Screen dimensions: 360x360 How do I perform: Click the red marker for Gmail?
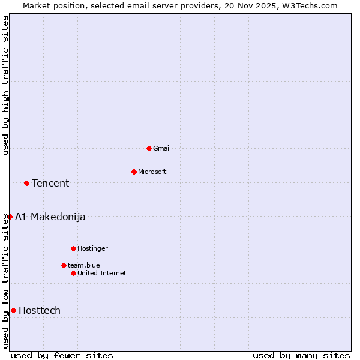point(149,148)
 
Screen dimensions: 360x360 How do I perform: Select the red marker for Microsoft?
point(134,172)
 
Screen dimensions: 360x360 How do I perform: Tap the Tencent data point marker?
point(26,183)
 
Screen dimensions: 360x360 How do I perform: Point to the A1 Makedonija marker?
point(10,217)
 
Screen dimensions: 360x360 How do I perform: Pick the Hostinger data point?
point(73,248)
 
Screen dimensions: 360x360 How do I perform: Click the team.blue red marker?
point(64,265)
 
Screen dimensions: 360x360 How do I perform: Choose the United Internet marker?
point(73,273)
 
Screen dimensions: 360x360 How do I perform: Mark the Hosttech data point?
point(13,310)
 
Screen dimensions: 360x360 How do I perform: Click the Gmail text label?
point(162,148)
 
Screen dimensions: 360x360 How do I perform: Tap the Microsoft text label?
point(152,172)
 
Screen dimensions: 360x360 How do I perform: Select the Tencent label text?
point(50,183)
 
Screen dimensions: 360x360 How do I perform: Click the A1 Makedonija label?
point(50,217)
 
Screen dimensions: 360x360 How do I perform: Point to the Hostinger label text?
point(92,248)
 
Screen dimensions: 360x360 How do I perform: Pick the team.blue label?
point(84,265)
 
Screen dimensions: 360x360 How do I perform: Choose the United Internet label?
point(102,273)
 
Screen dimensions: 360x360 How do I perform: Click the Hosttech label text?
point(40,310)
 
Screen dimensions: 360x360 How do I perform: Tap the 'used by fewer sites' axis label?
point(62,355)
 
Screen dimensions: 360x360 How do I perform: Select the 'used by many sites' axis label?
point(301,355)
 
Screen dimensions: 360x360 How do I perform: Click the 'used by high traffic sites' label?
point(6,85)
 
